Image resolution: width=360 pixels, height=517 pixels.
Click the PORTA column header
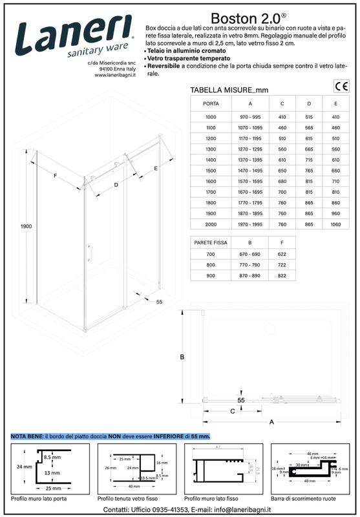tap(211, 103)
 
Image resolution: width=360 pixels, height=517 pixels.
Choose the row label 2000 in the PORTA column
tap(211, 226)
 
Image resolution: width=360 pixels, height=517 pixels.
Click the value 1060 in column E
tap(335, 226)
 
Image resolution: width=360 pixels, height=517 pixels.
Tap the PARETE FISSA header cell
tap(211, 242)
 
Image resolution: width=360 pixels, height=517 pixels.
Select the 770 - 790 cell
tap(250, 265)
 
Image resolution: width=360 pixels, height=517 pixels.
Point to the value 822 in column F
tap(282, 276)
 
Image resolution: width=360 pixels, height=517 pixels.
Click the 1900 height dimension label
tap(26, 226)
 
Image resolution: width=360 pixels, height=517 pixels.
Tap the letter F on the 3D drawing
tap(56, 176)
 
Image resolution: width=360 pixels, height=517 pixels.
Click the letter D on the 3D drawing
tap(116, 185)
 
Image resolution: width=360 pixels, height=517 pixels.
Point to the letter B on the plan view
tap(182, 357)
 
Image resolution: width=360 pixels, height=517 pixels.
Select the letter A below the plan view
tap(271, 422)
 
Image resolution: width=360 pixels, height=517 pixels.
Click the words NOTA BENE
tap(26, 437)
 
